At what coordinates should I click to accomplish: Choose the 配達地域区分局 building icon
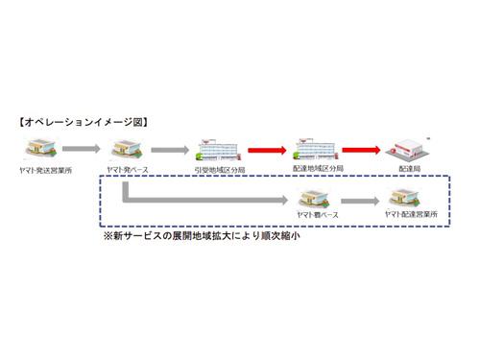click(313, 149)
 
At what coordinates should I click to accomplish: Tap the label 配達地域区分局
click(314, 169)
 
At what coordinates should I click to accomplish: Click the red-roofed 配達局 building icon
click(408, 150)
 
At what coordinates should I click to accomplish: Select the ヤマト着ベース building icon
click(313, 200)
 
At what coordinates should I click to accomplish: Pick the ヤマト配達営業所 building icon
click(407, 199)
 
